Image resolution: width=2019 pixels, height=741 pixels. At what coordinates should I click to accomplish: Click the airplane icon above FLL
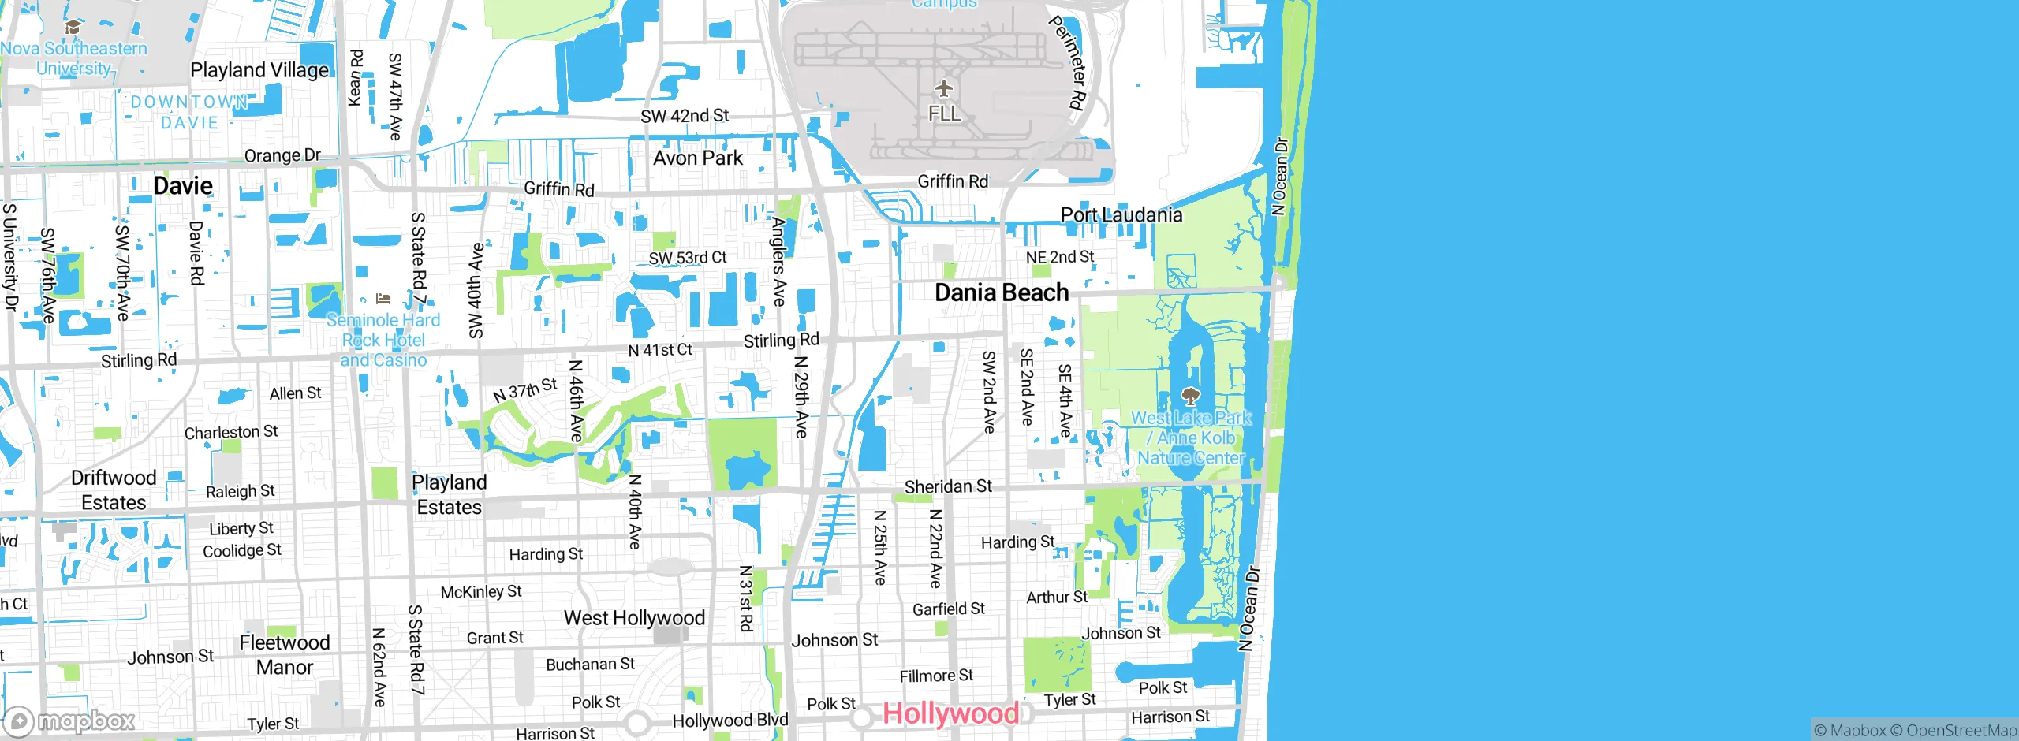(x=944, y=88)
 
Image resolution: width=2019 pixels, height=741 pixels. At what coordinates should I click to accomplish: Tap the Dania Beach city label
(x=1002, y=292)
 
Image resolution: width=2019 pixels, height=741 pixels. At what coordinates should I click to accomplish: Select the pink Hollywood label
(x=950, y=713)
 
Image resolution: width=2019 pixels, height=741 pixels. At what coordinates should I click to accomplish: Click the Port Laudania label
(x=1121, y=214)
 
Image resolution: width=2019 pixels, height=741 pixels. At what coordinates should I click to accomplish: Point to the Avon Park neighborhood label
(x=698, y=158)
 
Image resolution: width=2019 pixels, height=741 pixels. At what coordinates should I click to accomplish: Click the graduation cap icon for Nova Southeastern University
(x=73, y=28)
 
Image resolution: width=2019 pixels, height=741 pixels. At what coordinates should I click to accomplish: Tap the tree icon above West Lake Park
(x=1190, y=396)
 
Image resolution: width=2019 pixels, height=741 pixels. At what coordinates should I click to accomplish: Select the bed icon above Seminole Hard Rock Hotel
(x=383, y=299)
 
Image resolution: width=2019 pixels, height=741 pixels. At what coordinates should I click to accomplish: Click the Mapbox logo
(x=69, y=721)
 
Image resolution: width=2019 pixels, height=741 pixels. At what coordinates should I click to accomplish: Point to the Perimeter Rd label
(x=1069, y=63)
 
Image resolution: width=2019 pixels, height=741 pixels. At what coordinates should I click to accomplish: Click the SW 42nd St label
(x=685, y=116)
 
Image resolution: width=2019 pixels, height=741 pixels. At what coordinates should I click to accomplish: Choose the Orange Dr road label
(x=282, y=155)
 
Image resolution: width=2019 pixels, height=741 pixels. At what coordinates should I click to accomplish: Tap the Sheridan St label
(x=948, y=486)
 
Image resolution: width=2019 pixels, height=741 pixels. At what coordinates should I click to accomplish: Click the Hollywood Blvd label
(x=730, y=720)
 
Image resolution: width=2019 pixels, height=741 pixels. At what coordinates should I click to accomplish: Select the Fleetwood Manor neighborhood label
(x=285, y=654)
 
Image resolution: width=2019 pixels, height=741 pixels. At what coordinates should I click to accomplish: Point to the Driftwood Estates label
(x=114, y=490)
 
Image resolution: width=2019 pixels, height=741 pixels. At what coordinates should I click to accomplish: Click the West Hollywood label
(x=634, y=618)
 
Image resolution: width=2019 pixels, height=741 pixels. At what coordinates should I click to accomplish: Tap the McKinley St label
(x=481, y=591)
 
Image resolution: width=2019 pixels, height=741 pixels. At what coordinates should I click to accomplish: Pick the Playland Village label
(x=259, y=70)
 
